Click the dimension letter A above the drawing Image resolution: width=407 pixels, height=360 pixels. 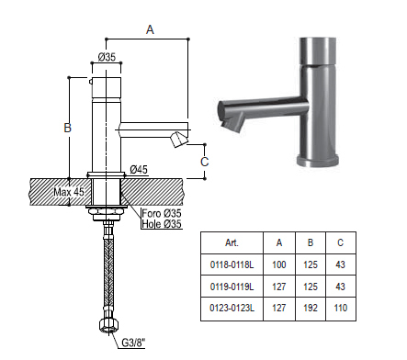point(150,29)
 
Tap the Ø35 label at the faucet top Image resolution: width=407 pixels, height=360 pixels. point(107,57)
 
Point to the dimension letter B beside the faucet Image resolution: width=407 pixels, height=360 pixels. point(67,128)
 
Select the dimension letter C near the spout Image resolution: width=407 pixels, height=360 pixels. point(205,162)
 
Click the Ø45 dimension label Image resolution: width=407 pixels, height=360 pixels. point(139,169)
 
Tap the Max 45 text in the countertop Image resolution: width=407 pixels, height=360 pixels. point(69,192)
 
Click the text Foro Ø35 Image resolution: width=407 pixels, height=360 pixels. point(162,213)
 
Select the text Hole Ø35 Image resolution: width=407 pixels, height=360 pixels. point(162,224)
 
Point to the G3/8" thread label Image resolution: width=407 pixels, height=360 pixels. point(133,343)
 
